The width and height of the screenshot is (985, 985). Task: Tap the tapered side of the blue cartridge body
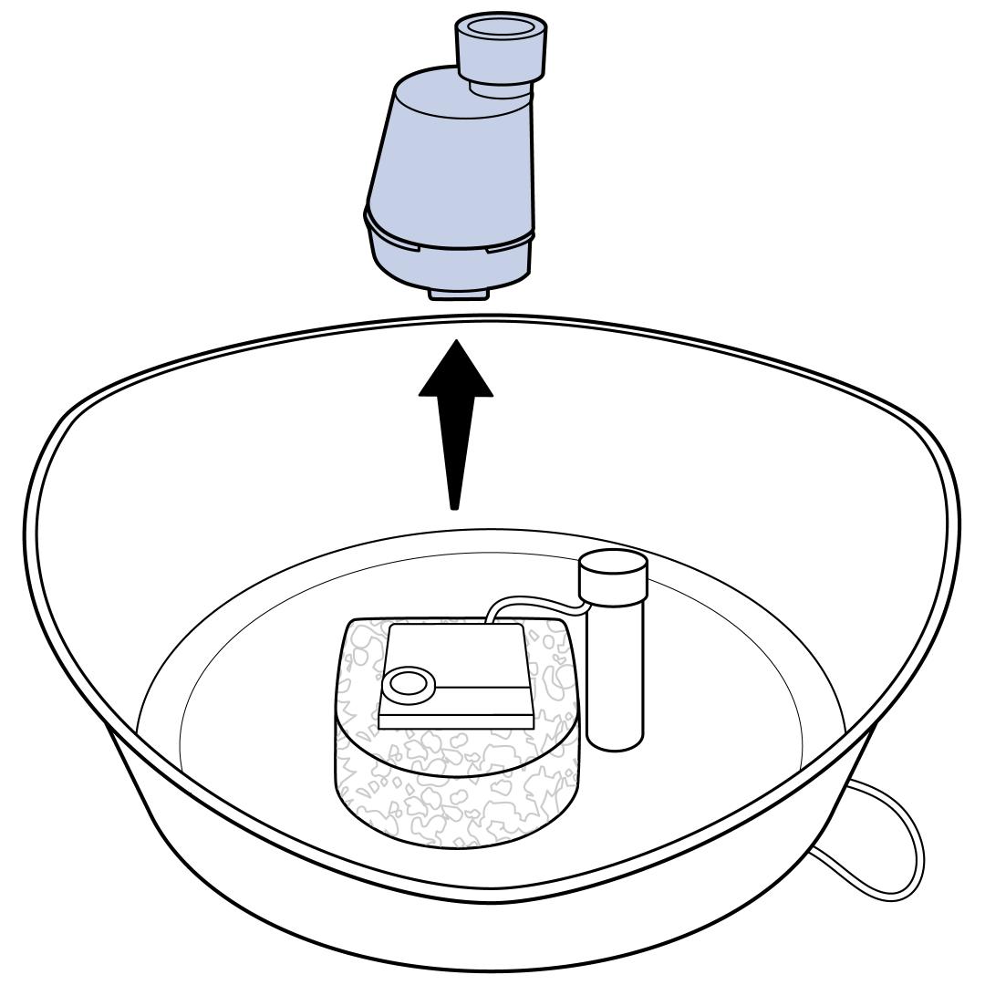(x=438, y=164)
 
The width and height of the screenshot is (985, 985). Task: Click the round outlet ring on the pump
(x=407, y=684)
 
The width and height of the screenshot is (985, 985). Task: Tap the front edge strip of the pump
(x=456, y=721)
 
